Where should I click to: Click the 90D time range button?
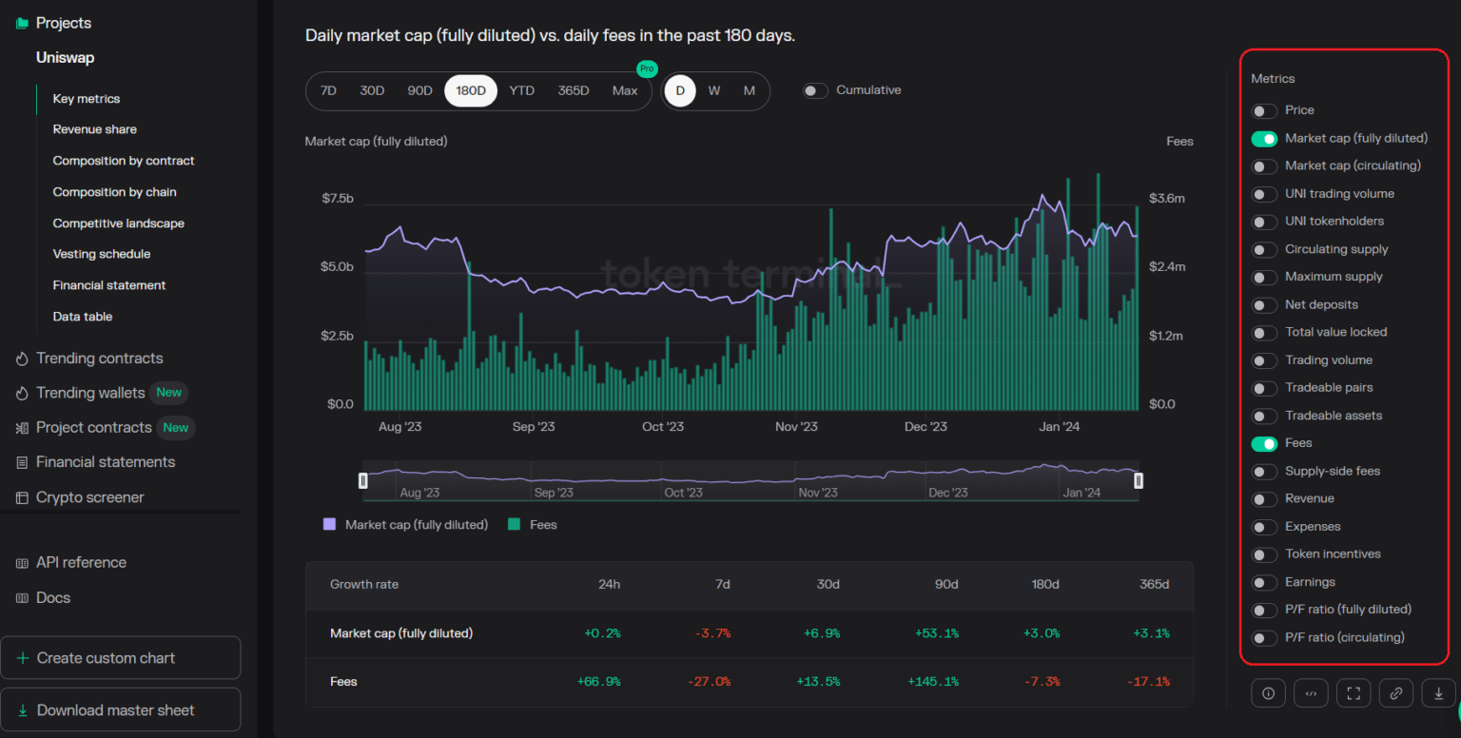[419, 90]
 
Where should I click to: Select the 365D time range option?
[574, 90]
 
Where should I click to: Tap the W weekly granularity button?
[714, 90]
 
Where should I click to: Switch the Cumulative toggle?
[814, 90]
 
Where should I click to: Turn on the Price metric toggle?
[1264, 111]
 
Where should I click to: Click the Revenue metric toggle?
[1264, 499]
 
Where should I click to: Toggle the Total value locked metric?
[1264, 333]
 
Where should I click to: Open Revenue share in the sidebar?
[94, 129]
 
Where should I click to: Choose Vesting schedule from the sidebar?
[101, 254]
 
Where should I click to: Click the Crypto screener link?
[89, 497]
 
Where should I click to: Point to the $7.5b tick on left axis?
[338, 198]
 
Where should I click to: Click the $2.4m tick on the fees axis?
[1167, 266]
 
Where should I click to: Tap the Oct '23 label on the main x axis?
[663, 426]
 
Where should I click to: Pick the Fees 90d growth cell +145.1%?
[933, 682]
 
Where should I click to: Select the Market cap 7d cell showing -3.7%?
[712, 633]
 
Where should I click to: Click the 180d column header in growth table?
[1045, 584]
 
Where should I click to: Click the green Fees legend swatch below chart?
[514, 524]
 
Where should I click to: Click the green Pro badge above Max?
[647, 68]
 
